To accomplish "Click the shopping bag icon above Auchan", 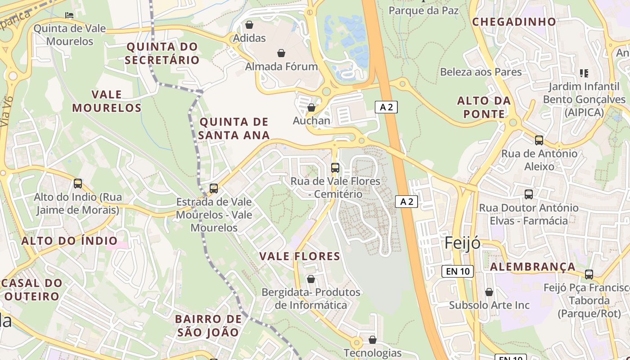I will click(311, 108).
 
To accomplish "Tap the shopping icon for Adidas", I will click(249, 25).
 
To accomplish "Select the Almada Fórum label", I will click(281, 67).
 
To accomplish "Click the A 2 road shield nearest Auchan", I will click(386, 107).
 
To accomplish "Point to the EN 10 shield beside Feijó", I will click(458, 271).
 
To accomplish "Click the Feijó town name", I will click(462, 243).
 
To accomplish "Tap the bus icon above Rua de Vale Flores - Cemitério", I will click(335, 168).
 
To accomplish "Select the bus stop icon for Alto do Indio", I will click(78, 184).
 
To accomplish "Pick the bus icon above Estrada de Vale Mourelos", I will click(214, 188).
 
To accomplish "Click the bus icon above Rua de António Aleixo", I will click(539, 140).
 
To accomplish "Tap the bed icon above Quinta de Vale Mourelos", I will click(69, 15).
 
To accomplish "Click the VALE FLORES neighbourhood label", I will click(300, 256).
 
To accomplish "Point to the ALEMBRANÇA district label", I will click(532, 267).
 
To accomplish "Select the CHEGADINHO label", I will click(514, 22).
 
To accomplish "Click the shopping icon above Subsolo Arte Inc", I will click(489, 292).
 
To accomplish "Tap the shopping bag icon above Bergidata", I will click(310, 279).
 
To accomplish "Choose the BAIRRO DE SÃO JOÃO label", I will click(208, 326).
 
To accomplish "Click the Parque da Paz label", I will click(423, 10).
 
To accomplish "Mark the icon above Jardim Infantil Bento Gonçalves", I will click(584, 73).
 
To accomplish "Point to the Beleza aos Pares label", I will click(481, 72).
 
